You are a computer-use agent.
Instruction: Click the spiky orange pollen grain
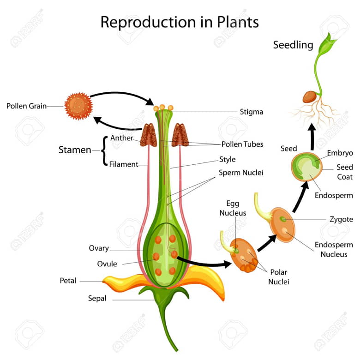[78, 106]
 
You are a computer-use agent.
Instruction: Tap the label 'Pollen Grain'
[26, 106]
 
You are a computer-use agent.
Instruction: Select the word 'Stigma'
[252, 112]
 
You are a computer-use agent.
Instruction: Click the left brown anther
[149, 135]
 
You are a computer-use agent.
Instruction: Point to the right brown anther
[180, 135]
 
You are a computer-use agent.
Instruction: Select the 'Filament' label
[124, 164]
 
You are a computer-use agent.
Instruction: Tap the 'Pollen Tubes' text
[242, 144]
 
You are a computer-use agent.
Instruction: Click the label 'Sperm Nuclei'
[241, 173]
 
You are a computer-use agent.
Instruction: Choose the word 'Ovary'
[99, 248]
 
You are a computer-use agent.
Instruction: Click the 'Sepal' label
[97, 299]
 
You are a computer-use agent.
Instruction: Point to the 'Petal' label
[68, 281]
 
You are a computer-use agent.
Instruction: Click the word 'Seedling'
[293, 45]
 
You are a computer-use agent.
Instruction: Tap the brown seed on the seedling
[310, 96]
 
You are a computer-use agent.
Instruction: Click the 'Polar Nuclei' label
[279, 277]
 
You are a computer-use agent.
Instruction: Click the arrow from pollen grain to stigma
[122, 96]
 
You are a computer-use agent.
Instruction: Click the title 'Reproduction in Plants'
[180, 22]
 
